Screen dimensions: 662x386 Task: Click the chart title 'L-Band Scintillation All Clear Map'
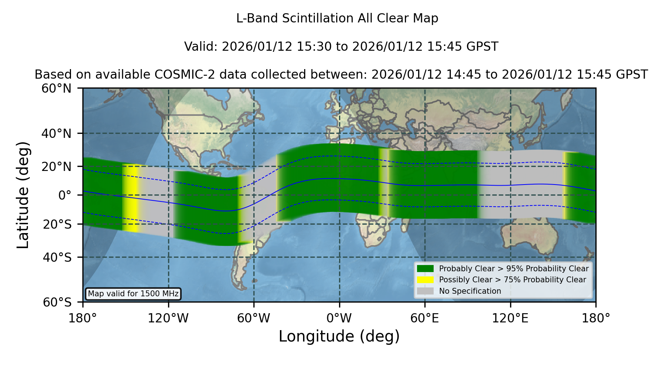[x=337, y=18]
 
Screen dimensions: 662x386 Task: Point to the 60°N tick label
[x=57, y=88]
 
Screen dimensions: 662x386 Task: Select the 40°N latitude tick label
[x=57, y=133]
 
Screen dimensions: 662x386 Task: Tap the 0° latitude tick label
[x=65, y=195]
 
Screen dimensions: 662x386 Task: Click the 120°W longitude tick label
[x=168, y=318]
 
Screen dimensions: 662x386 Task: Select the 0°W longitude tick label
[x=339, y=318]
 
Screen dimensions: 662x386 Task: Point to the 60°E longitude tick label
[x=425, y=318]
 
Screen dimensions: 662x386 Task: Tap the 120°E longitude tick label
[x=510, y=318]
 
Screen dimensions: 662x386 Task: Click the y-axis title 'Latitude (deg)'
[x=23, y=195]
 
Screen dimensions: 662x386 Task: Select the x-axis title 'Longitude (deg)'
[x=339, y=336]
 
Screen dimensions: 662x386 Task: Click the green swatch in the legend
[x=426, y=269]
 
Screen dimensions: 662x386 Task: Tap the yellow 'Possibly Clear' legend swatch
[x=426, y=280]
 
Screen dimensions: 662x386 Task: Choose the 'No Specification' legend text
[x=470, y=291]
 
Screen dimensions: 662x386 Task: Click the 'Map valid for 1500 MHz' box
[x=133, y=294]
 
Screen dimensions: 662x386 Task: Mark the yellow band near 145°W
[x=132, y=199]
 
